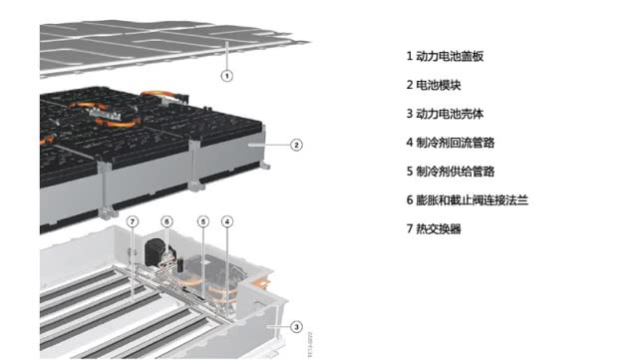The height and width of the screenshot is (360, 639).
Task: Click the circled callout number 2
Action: pos(296,145)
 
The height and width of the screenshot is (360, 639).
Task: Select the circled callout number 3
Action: pos(296,326)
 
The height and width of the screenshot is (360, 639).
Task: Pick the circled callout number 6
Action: pos(166,220)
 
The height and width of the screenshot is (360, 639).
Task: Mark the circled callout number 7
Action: pos(134,220)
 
